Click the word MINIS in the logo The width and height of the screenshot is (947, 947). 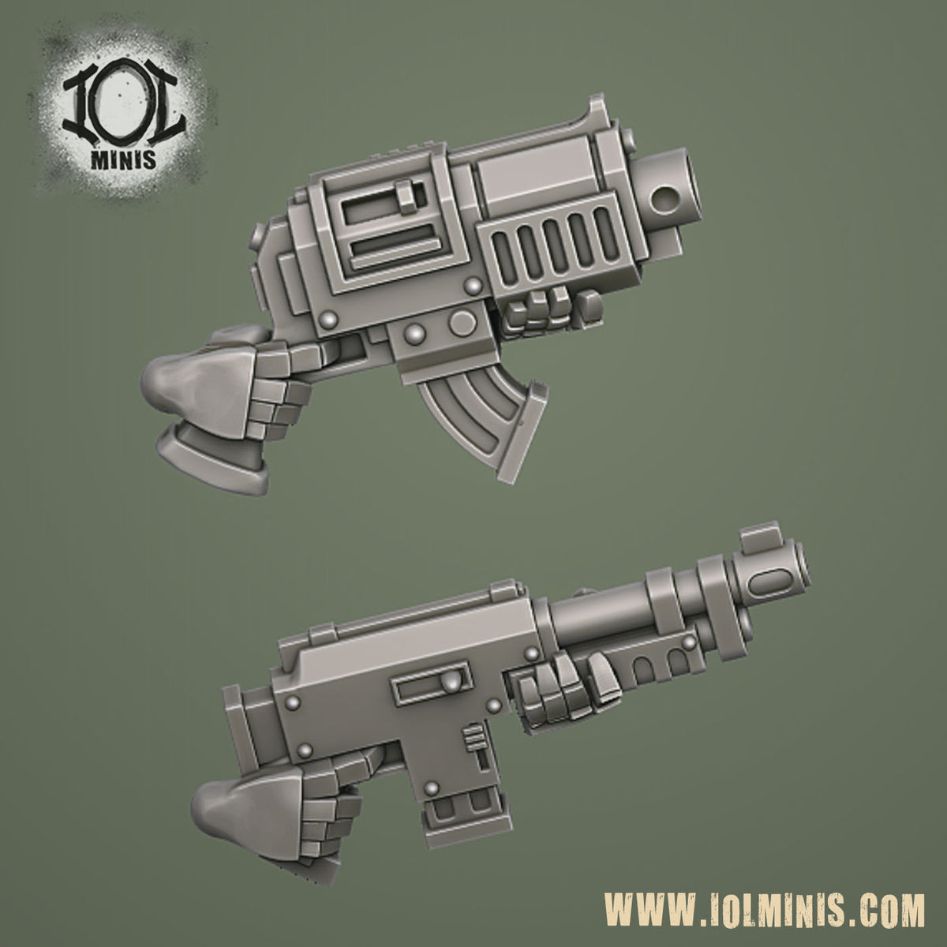pos(124,159)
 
